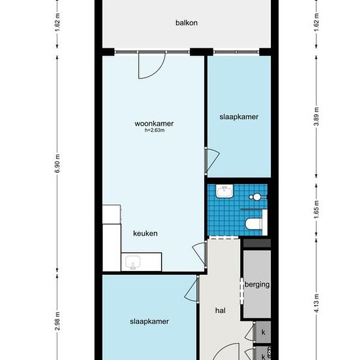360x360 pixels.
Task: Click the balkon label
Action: coord(187,23)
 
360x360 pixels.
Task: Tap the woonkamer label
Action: coord(154,124)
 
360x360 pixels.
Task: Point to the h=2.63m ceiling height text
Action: coord(154,130)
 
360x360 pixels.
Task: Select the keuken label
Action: coord(145,234)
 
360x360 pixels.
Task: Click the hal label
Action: coord(221,311)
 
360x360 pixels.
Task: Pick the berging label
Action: coord(257,285)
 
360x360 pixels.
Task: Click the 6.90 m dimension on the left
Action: coord(58,164)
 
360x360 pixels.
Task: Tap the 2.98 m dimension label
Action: coord(58,321)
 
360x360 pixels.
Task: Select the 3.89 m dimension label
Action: coord(316,117)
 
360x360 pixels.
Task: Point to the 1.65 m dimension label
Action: coord(316,209)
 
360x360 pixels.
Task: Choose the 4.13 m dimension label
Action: coord(316,303)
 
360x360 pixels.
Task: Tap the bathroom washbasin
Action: coord(224,191)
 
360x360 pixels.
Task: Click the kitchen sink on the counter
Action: coord(133,262)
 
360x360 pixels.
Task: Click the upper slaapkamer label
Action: coord(239,117)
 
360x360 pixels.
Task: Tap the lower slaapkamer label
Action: coord(149,321)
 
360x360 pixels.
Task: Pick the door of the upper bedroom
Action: coord(211,161)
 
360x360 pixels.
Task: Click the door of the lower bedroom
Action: coord(191,290)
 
